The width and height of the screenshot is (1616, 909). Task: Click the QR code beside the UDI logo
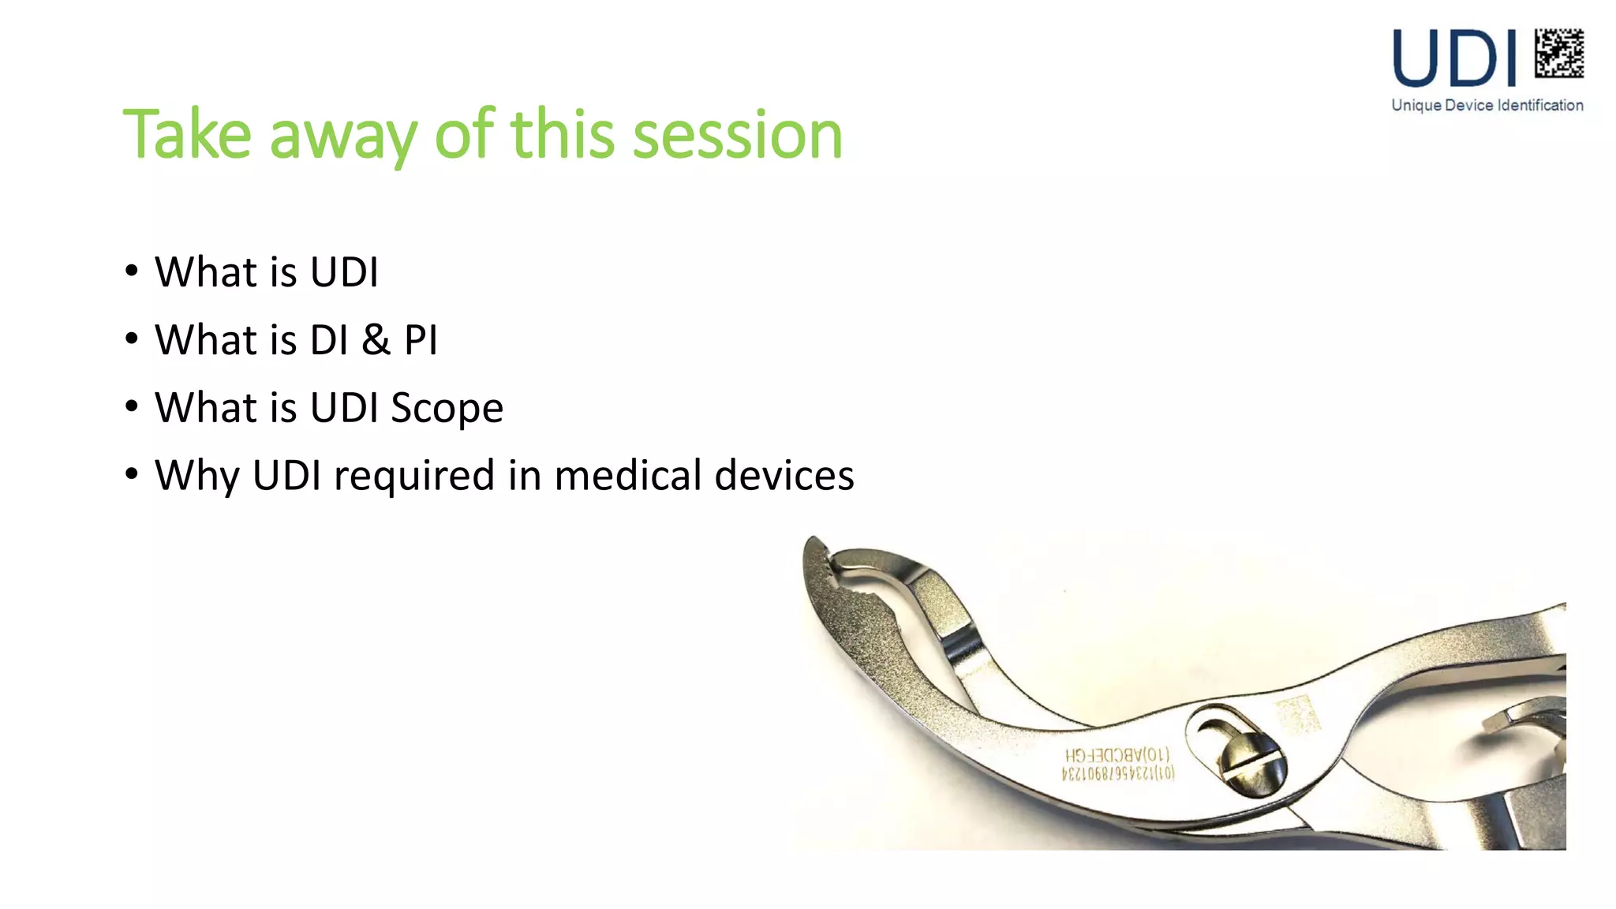click(1558, 53)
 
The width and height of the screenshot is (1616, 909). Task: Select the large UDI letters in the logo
click(1454, 58)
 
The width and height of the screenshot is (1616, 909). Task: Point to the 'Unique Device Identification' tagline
click(1487, 105)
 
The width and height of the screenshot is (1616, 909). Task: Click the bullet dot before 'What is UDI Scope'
click(132, 406)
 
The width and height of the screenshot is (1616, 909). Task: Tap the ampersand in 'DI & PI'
click(376, 340)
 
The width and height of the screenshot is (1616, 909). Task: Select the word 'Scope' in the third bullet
click(447, 409)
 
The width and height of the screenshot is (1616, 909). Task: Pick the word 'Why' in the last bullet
click(196, 476)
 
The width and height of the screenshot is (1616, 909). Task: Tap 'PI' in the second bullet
click(421, 340)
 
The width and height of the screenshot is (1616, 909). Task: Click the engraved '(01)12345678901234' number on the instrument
click(1117, 773)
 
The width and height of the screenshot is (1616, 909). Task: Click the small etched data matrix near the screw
click(1296, 715)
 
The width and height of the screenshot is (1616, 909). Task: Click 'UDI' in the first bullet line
click(344, 272)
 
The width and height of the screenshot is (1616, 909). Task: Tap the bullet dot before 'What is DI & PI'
click(132, 339)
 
